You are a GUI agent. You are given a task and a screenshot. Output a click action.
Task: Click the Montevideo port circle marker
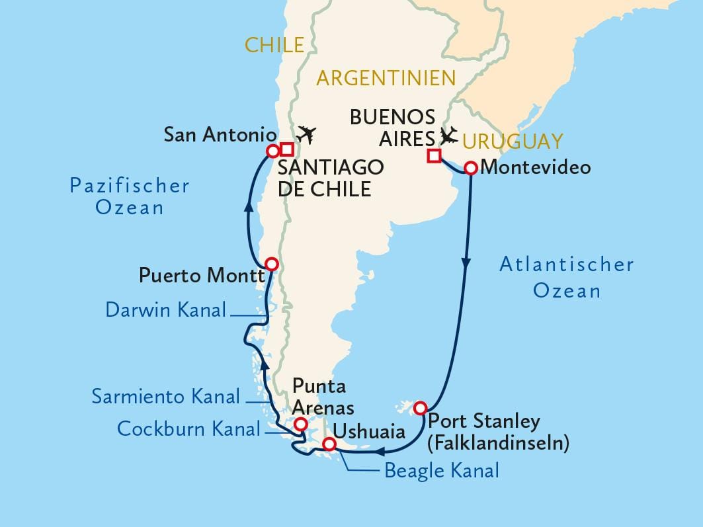470,168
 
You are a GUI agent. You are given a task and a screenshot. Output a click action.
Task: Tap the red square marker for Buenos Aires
434,156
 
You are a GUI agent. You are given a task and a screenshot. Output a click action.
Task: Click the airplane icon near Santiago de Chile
306,134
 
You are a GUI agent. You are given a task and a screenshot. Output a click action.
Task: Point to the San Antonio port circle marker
271,151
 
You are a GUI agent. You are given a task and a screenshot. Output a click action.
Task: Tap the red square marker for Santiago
287,149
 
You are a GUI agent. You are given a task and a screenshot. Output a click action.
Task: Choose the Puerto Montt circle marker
270,263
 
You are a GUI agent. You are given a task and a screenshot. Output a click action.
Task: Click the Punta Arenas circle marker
300,424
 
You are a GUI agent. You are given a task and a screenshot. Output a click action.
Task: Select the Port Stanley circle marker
419,409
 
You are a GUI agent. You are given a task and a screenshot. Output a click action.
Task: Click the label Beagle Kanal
441,471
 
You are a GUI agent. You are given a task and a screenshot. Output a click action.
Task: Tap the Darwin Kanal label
166,309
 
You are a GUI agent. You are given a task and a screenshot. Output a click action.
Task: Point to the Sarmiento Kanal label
166,397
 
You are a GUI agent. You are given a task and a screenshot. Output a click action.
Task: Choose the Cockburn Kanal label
188,428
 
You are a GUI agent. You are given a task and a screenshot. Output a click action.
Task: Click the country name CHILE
274,45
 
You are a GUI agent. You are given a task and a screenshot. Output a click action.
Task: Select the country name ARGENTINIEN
386,78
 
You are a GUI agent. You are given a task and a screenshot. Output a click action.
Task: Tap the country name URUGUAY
513,141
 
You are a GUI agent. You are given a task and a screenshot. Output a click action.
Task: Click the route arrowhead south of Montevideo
467,263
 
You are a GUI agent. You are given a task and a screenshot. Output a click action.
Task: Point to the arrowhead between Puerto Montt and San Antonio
249,207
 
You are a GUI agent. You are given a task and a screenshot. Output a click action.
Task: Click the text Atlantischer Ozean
566,277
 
